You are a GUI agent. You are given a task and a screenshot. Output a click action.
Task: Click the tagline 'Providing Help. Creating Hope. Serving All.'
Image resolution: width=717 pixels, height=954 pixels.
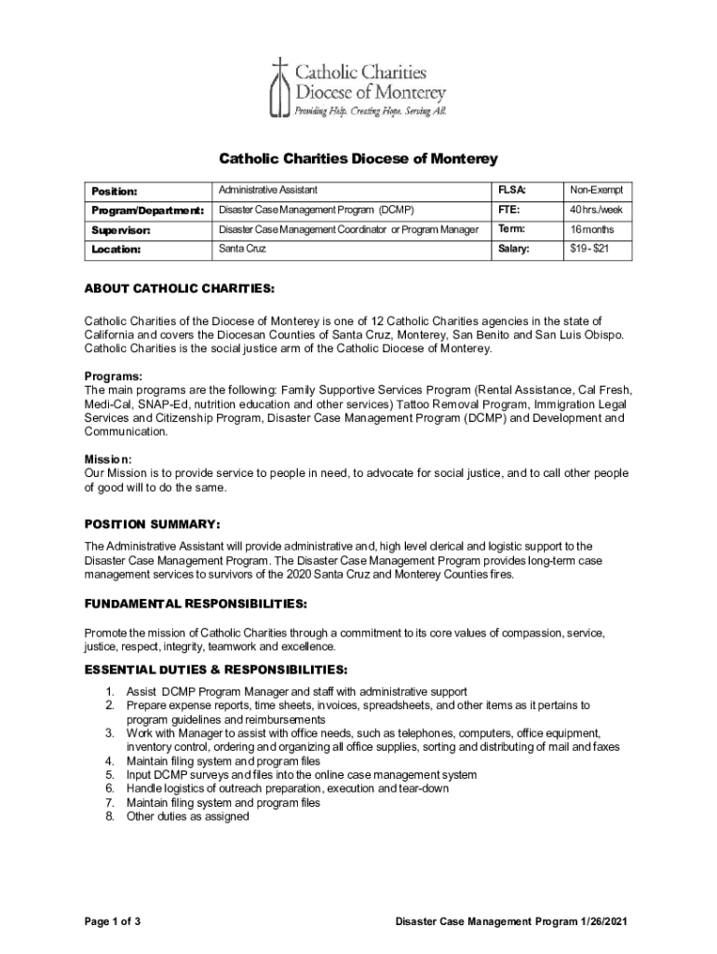click(x=371, y=111)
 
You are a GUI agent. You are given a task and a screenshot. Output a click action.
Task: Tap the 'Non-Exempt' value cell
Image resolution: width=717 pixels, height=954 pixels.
click(x=596, y=190)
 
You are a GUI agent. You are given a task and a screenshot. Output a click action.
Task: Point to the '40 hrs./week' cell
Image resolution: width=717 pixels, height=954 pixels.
click(x=596, y=210)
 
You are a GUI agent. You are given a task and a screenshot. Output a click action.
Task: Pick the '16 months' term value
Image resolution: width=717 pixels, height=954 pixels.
click(x=593, y=229)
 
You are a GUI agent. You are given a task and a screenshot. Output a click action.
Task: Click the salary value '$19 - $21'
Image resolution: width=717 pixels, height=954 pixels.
click(x=589, y=249)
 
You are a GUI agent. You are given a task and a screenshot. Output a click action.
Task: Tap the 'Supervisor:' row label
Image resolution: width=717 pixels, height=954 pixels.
click(x=121, y=230)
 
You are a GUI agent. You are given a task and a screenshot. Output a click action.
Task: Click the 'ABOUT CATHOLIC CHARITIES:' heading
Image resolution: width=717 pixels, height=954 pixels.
click(x=180, y=289)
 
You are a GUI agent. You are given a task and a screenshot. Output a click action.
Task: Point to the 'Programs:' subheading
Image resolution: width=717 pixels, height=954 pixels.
click(x=114, y=376)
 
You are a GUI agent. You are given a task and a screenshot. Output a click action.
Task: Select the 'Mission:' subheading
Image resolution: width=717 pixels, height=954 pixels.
click(x=108, y=459)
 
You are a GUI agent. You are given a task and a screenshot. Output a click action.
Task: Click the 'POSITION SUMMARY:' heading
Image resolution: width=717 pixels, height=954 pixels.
click(x=152, y=524)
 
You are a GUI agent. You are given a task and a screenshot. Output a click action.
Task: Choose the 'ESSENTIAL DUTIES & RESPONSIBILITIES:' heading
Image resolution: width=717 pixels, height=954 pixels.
click(x=217, y=670)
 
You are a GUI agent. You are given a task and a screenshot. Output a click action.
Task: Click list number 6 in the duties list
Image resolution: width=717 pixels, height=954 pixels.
click(x=109, y=788)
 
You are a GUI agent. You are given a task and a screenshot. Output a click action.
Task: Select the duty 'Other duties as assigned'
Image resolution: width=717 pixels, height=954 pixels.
click(x=187, y=816)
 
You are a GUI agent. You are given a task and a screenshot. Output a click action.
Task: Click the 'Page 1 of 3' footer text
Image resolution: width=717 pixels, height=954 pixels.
click(x=113, y=922)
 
